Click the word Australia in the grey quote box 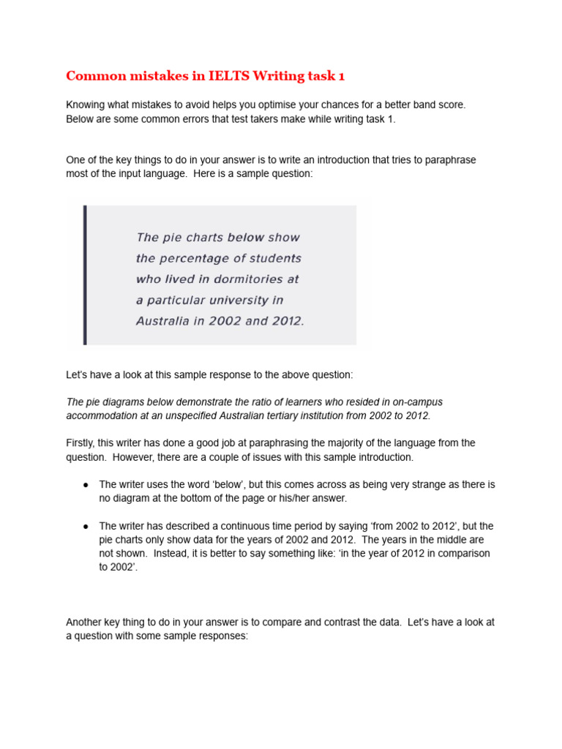pos(162,320)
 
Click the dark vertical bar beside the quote pos(85,274)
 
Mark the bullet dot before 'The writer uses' pos(86,485)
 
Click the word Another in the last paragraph pos(86,622)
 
